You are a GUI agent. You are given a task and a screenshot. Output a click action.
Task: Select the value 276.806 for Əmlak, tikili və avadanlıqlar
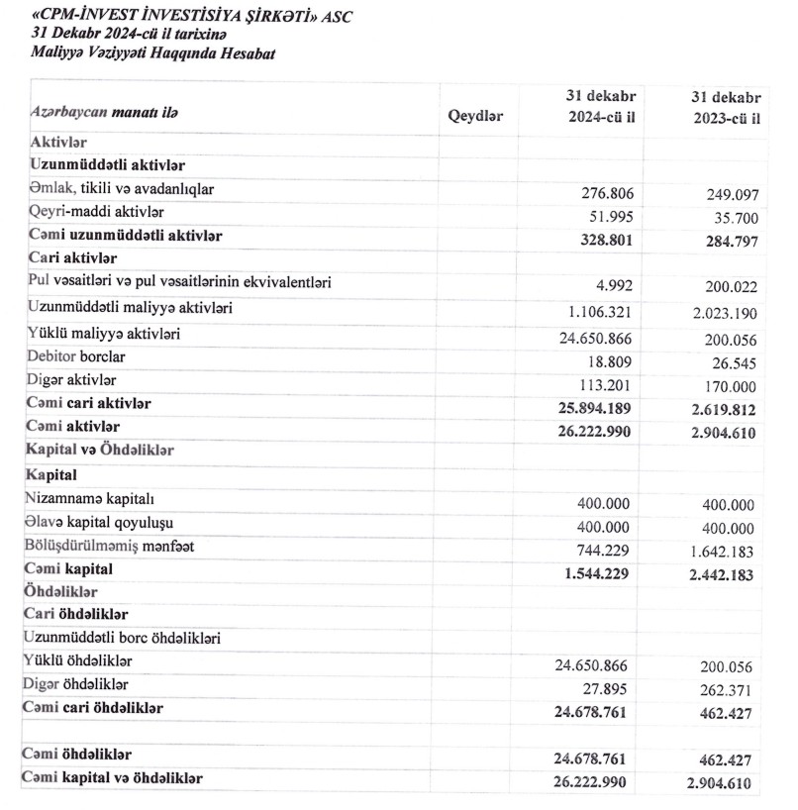coord(599,192)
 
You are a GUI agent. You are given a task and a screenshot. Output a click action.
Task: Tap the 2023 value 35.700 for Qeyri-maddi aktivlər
coord(728,217)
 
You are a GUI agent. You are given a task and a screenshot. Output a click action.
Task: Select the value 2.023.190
coord(716,313)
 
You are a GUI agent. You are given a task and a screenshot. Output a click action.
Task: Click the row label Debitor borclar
coord(77,355)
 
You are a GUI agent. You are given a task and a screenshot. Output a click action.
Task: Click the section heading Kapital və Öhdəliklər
coord(102,450)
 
